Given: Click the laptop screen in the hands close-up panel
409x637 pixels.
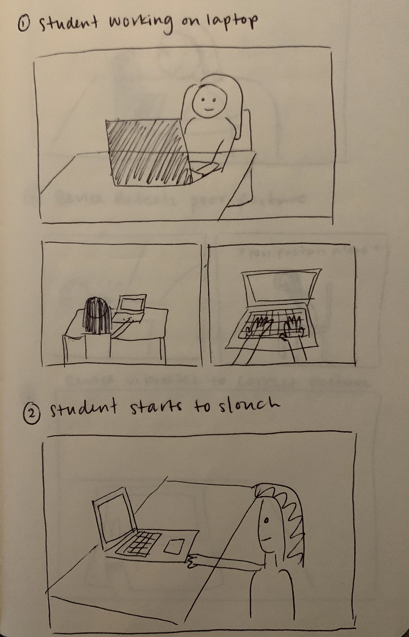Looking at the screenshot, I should tap(281, 287).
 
